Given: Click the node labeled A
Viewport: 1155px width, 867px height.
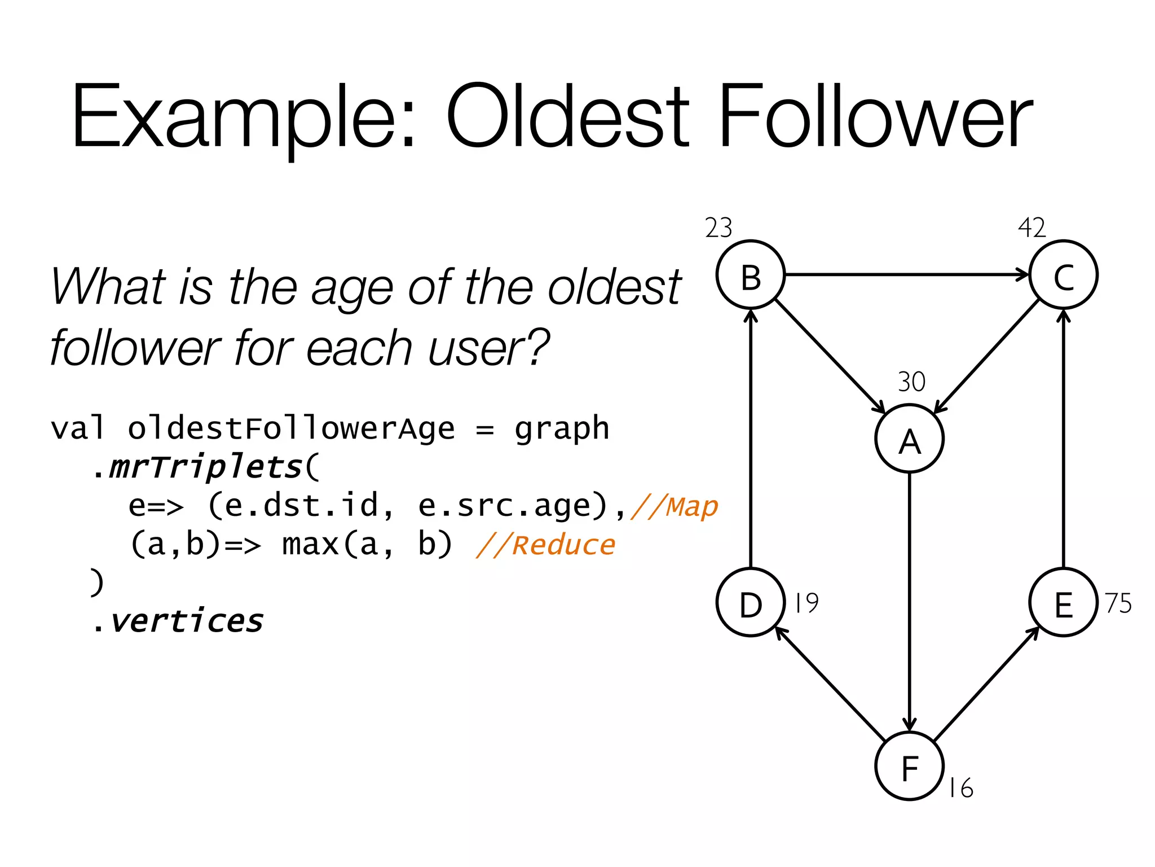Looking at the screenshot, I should pyautogui.click(x=909, y=439).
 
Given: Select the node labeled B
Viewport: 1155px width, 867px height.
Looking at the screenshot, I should pyautogui.click(x=751, y=275).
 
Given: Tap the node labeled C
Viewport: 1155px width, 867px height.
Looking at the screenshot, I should pyautogui.click(x=1063, y=275).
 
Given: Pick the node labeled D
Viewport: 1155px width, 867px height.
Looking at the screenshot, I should pyautogui.click(x=751, y=602).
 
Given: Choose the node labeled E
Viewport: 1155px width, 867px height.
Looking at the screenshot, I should pyautogui.click(x=1063, y=602).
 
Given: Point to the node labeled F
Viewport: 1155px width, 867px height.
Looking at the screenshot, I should pyautogui.click(x=909, y=766).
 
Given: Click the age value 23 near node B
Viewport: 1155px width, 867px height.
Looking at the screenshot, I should pyautogui.click(x=718, y=229).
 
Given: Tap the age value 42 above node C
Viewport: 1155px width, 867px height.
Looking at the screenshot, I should pyautogui.click(x=1031, y=229).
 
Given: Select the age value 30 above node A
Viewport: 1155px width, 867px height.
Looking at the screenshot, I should pyautogui.click(x=911, y=382).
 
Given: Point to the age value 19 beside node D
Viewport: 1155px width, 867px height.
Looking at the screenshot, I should pyautogui.click(x=806, y=603).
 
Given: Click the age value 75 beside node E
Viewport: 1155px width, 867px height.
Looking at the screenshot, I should pyautogui.click(x=1118, y=603).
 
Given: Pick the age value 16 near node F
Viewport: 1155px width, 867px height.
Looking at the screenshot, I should pyautogui.click(x=960, y=788).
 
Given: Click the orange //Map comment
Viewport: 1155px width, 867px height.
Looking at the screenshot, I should pyautogui.click(x=675, y=506).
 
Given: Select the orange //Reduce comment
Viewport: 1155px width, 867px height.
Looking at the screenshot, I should pyautogui.click(x=545, y=545).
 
